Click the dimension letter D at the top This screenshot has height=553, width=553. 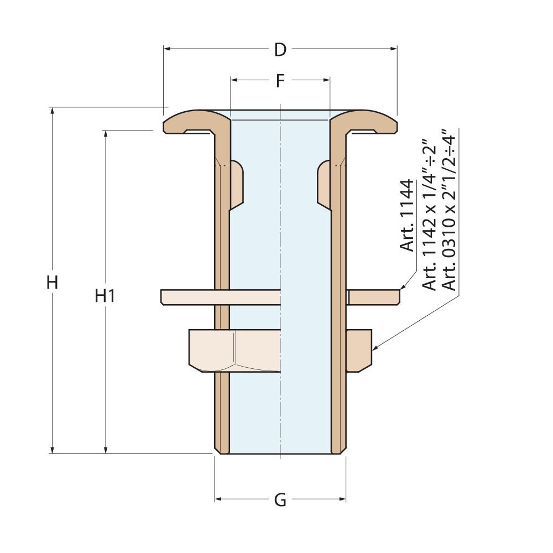(x=280, y=50)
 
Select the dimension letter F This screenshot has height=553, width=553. (x=280, y=81)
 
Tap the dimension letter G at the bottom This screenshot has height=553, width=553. (x=280, y=500)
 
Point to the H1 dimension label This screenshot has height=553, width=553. (x=105, y=296)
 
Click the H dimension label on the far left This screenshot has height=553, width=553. (x=52, y=283)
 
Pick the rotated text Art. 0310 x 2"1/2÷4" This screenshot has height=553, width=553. (x=448, y=210)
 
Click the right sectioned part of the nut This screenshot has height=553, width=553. (x=359, y=350)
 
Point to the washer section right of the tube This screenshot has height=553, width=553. (x=373, y=297)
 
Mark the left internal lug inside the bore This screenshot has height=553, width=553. (x=235, y=185)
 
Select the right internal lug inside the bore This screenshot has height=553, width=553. (x=324, y=185)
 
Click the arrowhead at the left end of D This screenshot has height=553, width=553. (x=167, y=49)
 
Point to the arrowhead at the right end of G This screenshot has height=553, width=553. (x=343, y=499)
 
